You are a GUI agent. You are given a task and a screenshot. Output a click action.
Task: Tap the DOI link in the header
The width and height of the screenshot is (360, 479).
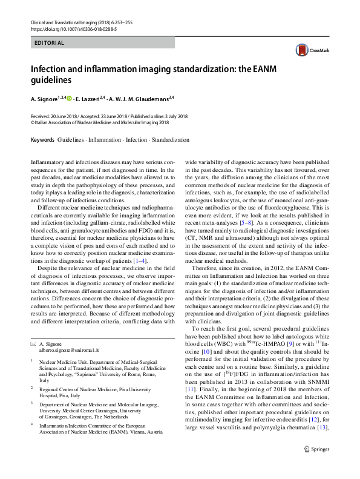65,28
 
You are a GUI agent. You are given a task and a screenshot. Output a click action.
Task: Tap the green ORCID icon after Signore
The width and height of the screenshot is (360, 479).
68,98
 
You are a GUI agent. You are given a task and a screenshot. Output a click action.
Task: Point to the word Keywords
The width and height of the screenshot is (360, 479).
42,140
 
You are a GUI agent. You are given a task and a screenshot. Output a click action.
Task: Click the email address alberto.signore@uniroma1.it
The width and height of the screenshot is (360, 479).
65,351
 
